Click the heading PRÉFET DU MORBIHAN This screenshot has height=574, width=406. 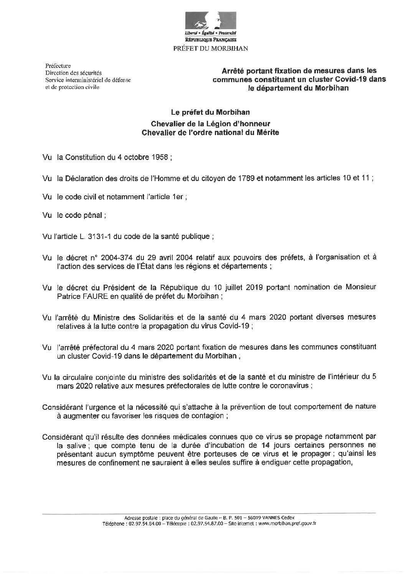pos(211,48)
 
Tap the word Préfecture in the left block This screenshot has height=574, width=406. pos(58,66)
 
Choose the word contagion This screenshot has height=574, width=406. pos(208,416)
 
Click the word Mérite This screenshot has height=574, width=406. pos(267,133)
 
